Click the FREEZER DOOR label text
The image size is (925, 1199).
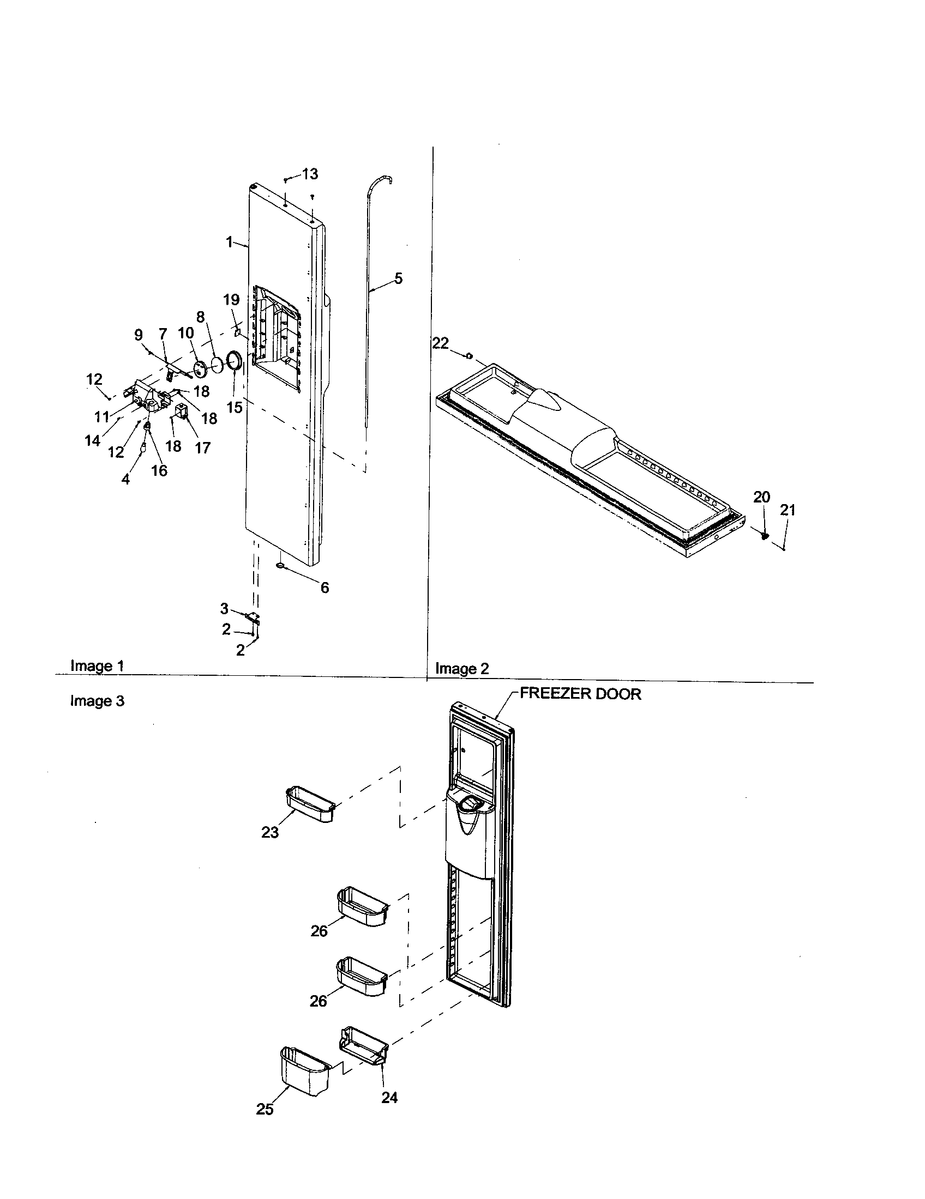[x=580, y=693]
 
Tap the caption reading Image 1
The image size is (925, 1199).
[x=97, y=666]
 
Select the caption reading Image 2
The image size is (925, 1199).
[x=461, y=669]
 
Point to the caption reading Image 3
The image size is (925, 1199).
[x=97, y=701]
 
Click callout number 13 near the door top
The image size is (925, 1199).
[x=310, y=174]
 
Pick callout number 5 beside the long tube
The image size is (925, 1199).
[x=398, y=278]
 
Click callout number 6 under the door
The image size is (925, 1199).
[x=325, y=588]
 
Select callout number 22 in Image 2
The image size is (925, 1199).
[x=440, y=343]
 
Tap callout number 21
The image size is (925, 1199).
[x=788, y=510]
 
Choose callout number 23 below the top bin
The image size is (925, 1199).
[x=269, y=832]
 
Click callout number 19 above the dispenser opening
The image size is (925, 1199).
[x=231, y=300]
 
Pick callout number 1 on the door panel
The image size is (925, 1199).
[x=230, y=242]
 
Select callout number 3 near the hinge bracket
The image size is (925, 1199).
[x=224, y=608]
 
